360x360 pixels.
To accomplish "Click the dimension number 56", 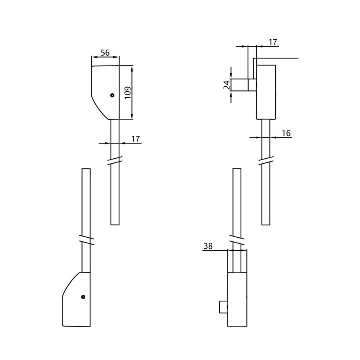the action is [105, 53].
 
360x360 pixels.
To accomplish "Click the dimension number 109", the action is [128, 92].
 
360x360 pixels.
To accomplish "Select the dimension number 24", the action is [227, 85].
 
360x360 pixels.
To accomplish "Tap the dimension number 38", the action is [208, 246].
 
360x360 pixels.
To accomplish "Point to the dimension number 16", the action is [286, 133].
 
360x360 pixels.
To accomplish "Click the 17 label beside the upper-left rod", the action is [135, 139].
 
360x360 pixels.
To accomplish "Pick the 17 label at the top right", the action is [273, 42].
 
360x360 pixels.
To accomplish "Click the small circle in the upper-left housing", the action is [112, 95].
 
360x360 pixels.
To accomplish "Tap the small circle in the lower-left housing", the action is [83, 297].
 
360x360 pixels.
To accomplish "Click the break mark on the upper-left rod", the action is [115, 160].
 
